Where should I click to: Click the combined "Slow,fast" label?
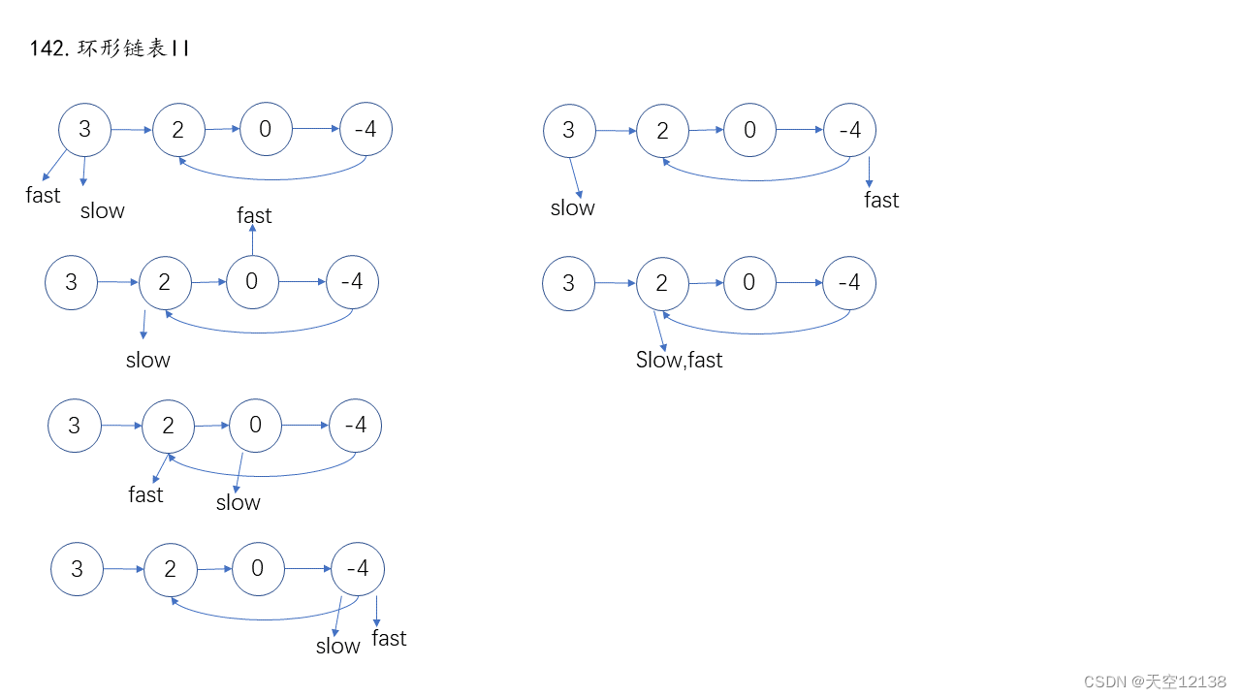(679, 360)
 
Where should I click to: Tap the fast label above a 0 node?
(254, 215)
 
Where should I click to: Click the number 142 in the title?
(47, 48)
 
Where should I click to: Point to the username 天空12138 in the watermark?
(1185, 682)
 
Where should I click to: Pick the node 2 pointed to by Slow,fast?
(662, 283)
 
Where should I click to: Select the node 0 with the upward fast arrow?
(252, 282)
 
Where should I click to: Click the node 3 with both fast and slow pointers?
(84, 129)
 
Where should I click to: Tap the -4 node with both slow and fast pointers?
(358, 568)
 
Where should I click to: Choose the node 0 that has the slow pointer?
(255, 425)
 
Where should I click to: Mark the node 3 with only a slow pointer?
(568, 130)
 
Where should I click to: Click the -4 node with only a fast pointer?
(849, 130)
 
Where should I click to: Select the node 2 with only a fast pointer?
(168, 426)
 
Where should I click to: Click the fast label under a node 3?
(43, 195)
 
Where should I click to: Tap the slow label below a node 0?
(238, 502)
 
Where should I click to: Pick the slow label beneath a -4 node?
(337, 646)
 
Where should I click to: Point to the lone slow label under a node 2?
(147, 360)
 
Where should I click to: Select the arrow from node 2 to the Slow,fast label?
(663, 329)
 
